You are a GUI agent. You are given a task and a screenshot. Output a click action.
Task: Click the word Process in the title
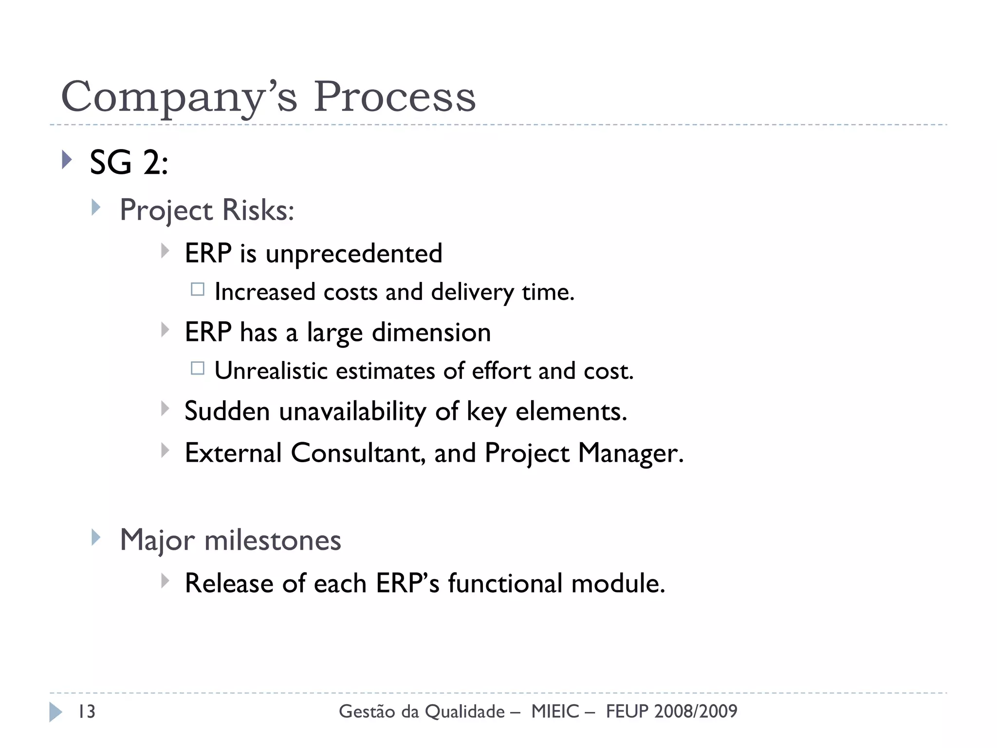point(394,96)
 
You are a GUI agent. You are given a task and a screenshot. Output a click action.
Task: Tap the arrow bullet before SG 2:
point(67,159)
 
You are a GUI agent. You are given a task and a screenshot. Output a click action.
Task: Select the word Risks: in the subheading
point(258,210)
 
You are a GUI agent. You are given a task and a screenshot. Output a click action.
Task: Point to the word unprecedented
point(353,254)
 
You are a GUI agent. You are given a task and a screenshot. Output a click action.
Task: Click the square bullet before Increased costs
point(198,289)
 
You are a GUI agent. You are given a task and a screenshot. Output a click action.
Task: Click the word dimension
point(431,333)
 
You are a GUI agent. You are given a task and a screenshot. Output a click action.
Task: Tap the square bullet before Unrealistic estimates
point(198,368)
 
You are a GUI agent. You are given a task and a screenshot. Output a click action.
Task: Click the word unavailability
point(352,411)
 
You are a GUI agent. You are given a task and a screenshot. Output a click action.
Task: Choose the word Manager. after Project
point(631,453)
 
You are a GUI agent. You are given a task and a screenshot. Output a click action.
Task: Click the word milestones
point(273,541)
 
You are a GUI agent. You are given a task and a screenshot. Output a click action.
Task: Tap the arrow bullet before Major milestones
point(96,538)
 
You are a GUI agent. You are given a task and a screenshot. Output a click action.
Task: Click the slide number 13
point(87,711)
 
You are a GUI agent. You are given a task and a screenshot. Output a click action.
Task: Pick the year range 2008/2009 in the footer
point(696,711)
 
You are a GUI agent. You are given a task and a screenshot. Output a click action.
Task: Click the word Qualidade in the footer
point(464,712)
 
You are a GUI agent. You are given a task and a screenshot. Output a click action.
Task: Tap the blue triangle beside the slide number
point(55,712)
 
